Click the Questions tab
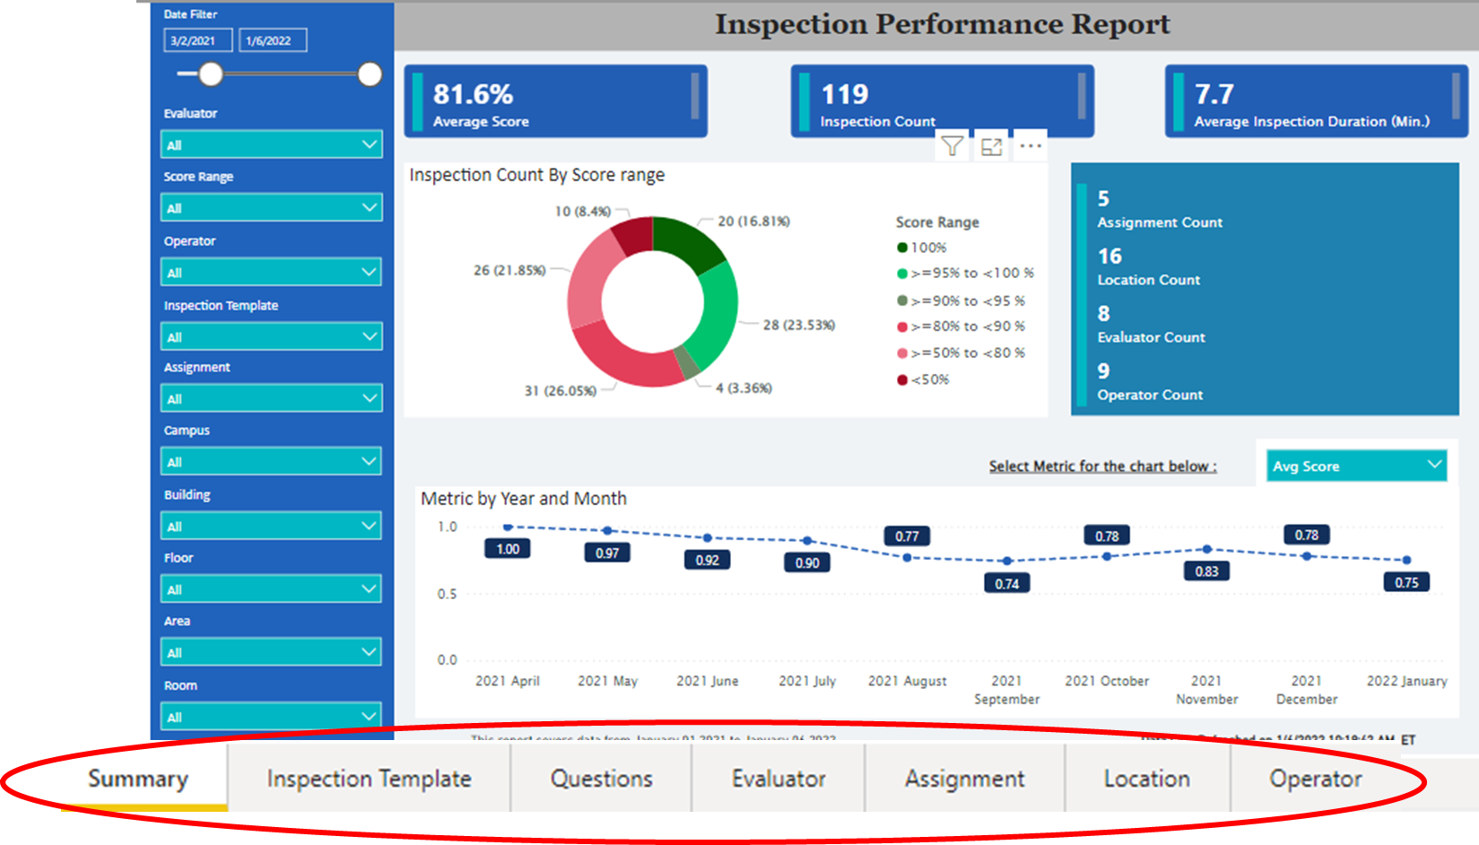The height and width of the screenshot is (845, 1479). tap(601, 779)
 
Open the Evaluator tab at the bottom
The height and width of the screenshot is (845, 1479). tap(779, 779)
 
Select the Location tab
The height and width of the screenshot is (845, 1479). tap(1146, 779)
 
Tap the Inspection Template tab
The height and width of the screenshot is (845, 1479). tap(369, 779)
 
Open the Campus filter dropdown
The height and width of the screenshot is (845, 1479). tap(271, 462)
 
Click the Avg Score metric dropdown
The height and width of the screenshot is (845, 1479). tap(1355, 466)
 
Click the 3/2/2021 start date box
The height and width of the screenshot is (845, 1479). tap(197, 40)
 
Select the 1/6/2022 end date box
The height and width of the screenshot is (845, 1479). tap(273, 40)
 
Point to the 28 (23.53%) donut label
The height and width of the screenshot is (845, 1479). tap(798, 325)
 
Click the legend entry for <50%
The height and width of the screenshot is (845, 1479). tap(929, 379)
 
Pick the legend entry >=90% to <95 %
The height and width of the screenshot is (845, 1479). tap(967, 301)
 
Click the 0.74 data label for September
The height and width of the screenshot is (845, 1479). tap(1006, 584)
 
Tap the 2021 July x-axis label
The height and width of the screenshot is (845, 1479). tap(806, 681)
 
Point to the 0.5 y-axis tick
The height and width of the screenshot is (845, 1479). tap(447, 594)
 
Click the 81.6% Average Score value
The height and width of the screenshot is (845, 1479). tap(473, 94)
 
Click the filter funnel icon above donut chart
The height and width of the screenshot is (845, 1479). tap(953, 146)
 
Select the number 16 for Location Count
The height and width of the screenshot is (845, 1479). tap(1109, 257)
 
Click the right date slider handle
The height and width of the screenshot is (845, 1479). tap(370, 74)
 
